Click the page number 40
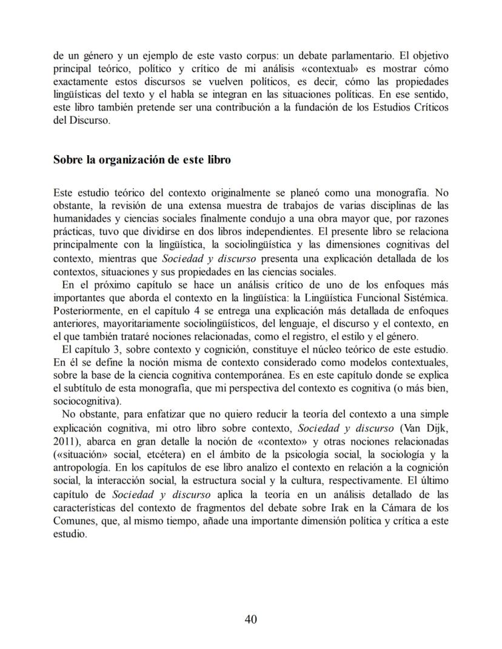coord(251,619)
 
